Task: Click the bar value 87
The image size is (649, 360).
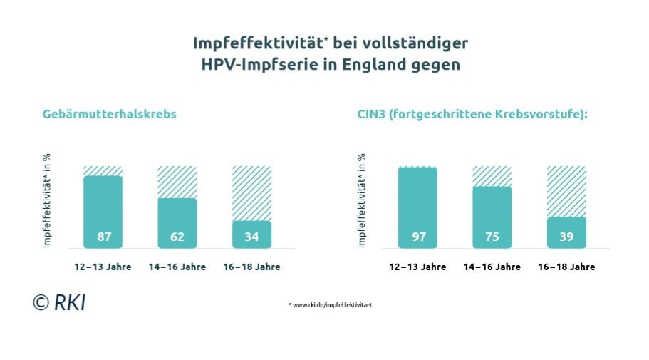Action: pos(103,237)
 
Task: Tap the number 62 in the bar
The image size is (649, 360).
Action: pos(177,237)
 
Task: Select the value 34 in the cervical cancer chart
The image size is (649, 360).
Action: pos(251,237)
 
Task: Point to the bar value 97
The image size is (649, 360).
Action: pos(418,237)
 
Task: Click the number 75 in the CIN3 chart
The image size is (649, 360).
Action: pos(492,237)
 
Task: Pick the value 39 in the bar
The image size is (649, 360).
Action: pos(566,237)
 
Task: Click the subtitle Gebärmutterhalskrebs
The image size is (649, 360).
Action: pos(109,114)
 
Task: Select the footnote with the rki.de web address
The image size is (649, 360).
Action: pos(331,304)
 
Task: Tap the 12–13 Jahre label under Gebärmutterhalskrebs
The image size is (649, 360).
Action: pos(103,267)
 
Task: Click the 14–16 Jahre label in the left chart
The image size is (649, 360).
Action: pos(177,267)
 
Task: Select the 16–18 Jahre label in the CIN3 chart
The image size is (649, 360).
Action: pos(566,267)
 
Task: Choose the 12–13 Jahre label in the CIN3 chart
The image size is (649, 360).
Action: pos(418,267)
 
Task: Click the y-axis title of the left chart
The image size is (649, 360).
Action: pos(48,201)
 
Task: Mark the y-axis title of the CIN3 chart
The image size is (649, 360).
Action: pos(362,201)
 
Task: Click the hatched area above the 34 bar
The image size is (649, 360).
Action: pos(251,192)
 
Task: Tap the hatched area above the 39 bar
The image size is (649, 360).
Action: pos(566,190)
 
